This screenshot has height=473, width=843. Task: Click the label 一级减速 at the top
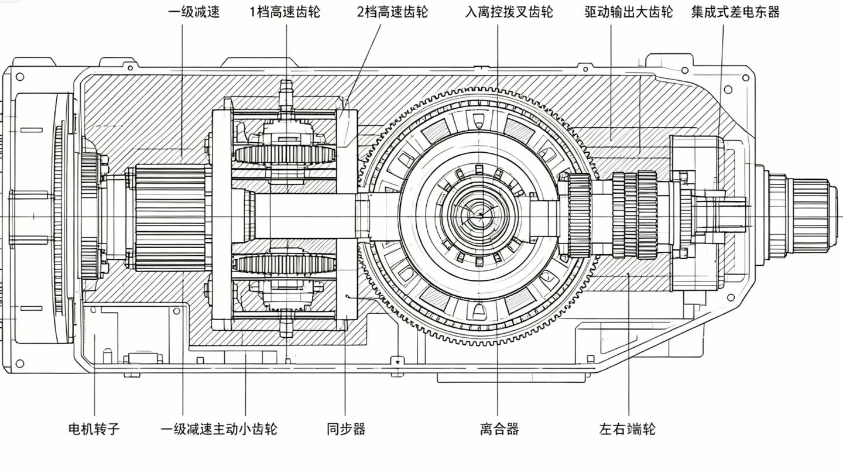[x=194, y=12]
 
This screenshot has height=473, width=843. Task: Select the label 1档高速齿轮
[x=285, y=12]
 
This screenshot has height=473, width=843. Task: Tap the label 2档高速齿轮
[x=392, y=12]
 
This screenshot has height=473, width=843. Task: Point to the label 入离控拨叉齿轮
[x=509, y=12]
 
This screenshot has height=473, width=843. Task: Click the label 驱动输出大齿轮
[x=629, y=12]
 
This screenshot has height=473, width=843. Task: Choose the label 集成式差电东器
[x=735, y=12]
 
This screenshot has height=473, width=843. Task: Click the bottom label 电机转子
[x=94, y=429]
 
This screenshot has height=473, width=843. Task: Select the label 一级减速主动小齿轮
[x=219, y=429]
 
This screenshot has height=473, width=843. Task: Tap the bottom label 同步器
[x=346, y=429]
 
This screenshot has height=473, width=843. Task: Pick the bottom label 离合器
[x=499, y=429]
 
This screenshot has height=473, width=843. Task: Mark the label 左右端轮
[x=628, y=429]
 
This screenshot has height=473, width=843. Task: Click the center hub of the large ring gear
[x=480, y=215]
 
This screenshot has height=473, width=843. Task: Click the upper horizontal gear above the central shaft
[x=285, y=155]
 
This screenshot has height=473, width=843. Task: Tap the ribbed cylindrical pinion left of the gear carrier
[x=171, y=218]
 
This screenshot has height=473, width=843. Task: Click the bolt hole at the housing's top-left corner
[x=19, y=77]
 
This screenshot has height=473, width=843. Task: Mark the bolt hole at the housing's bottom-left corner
[x=19, y=364]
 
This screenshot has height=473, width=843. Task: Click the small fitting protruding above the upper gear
[x=286, y=95]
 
